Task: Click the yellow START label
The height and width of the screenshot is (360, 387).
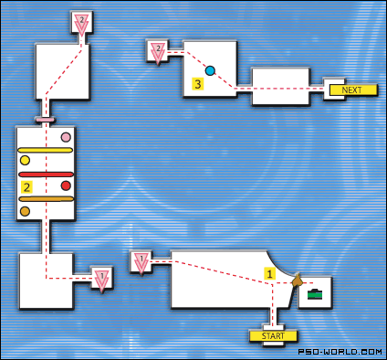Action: pyautogui.click(x=274, y=335)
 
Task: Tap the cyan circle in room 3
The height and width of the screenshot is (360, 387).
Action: pyautogui.click(x=210, y=69)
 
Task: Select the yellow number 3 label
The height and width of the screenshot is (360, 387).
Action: pyautogui.click(x=197, y=85)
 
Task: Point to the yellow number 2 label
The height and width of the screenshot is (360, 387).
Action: pyautogui.click(x=27, y=186)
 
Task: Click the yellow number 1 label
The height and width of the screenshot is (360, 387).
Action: pyautogui.click(x=269, y=272)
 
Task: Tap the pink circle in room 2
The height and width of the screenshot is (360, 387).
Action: pyautogui.click(x=66, y=138)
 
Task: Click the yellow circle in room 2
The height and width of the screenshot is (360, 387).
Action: pyautogui.click(x=25, y=161)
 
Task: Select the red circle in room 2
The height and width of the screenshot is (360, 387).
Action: pyautogui.click(x=66, y=185)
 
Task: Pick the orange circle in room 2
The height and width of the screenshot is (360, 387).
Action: pyautogui.click(x=25, y=211)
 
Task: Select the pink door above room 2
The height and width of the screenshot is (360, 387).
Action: pyautogui.click(x=45, y=120)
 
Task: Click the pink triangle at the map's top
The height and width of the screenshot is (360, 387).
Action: pyautogui.click(x=81, y=24)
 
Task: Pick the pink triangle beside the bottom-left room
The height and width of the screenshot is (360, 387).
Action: pyautogui.click(x=102, y=279)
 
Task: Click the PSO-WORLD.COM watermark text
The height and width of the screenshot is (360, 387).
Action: pyautogui.click(x=341, y=351)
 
